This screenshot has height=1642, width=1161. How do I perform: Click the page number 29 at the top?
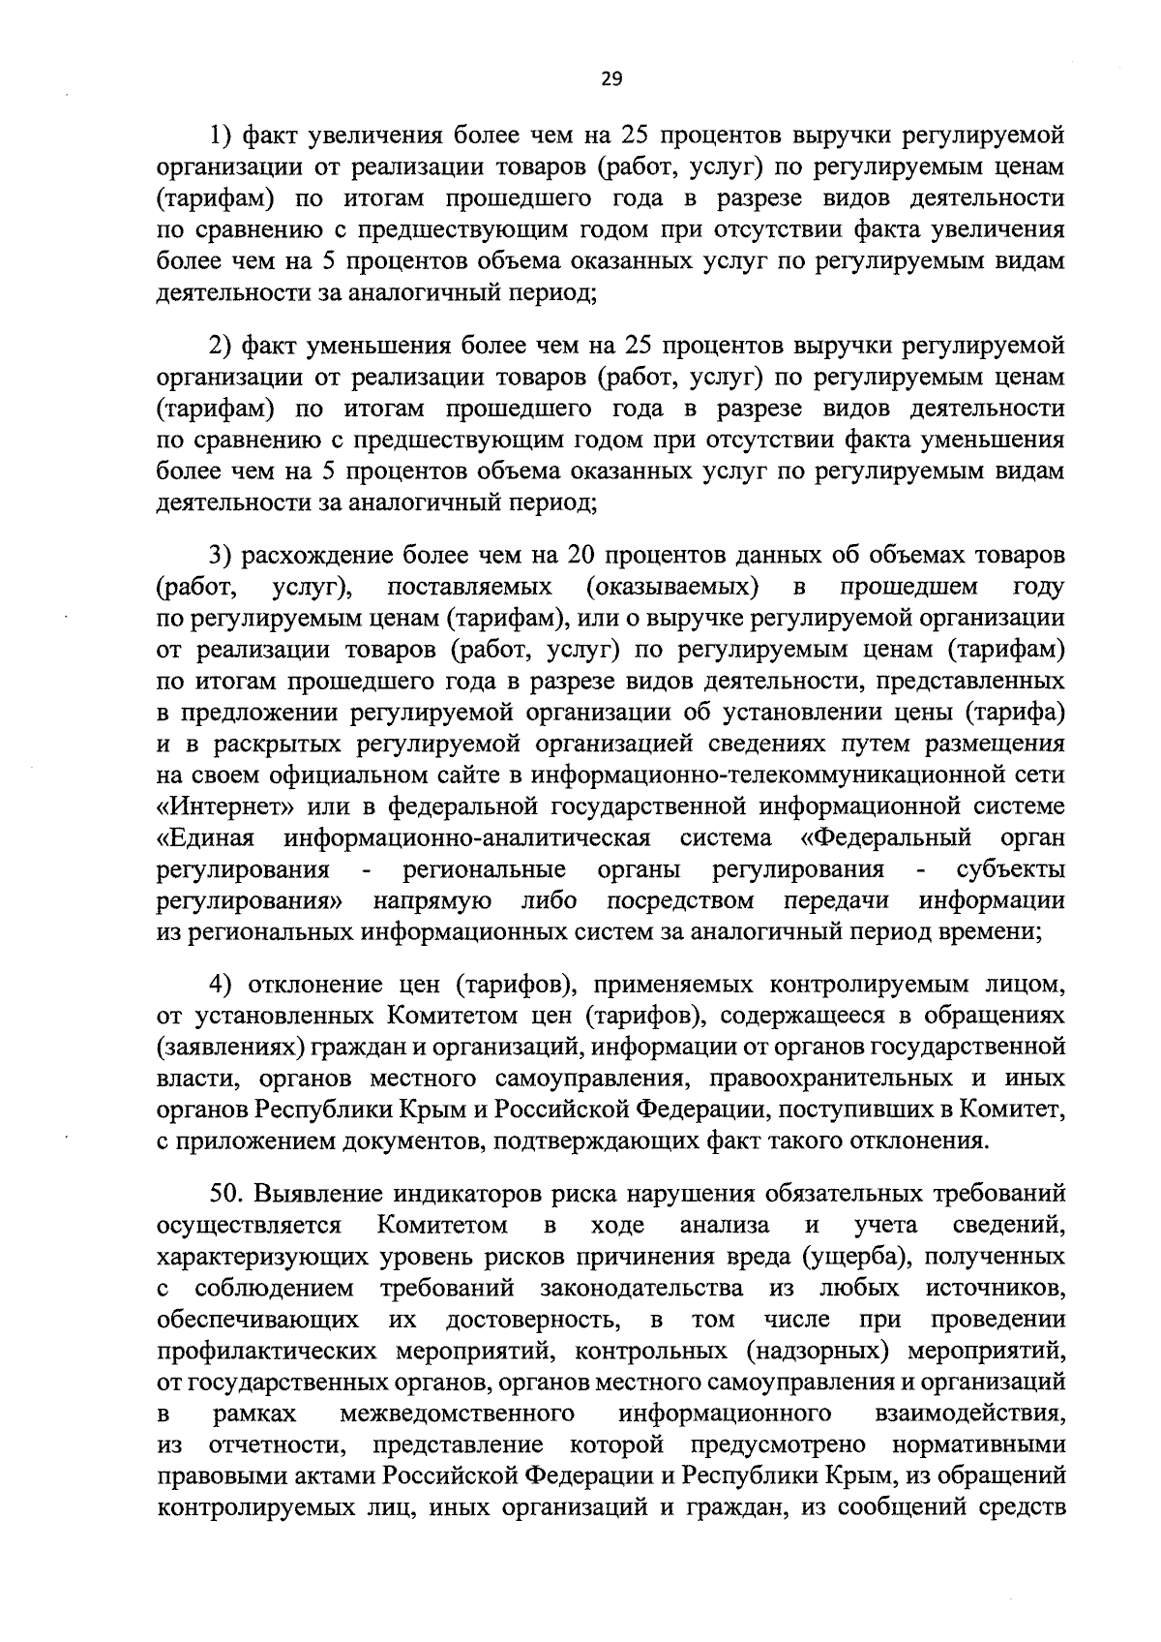point(610,80)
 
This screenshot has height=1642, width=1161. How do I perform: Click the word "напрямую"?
point(432,900)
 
